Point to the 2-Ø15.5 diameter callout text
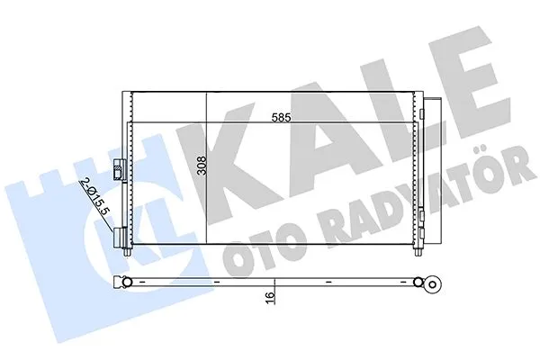click(x=95, y=196)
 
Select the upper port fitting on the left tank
click(x=118, y=170)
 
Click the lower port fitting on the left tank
click(x=120, y=236)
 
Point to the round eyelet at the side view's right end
click(x=433, y=285)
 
